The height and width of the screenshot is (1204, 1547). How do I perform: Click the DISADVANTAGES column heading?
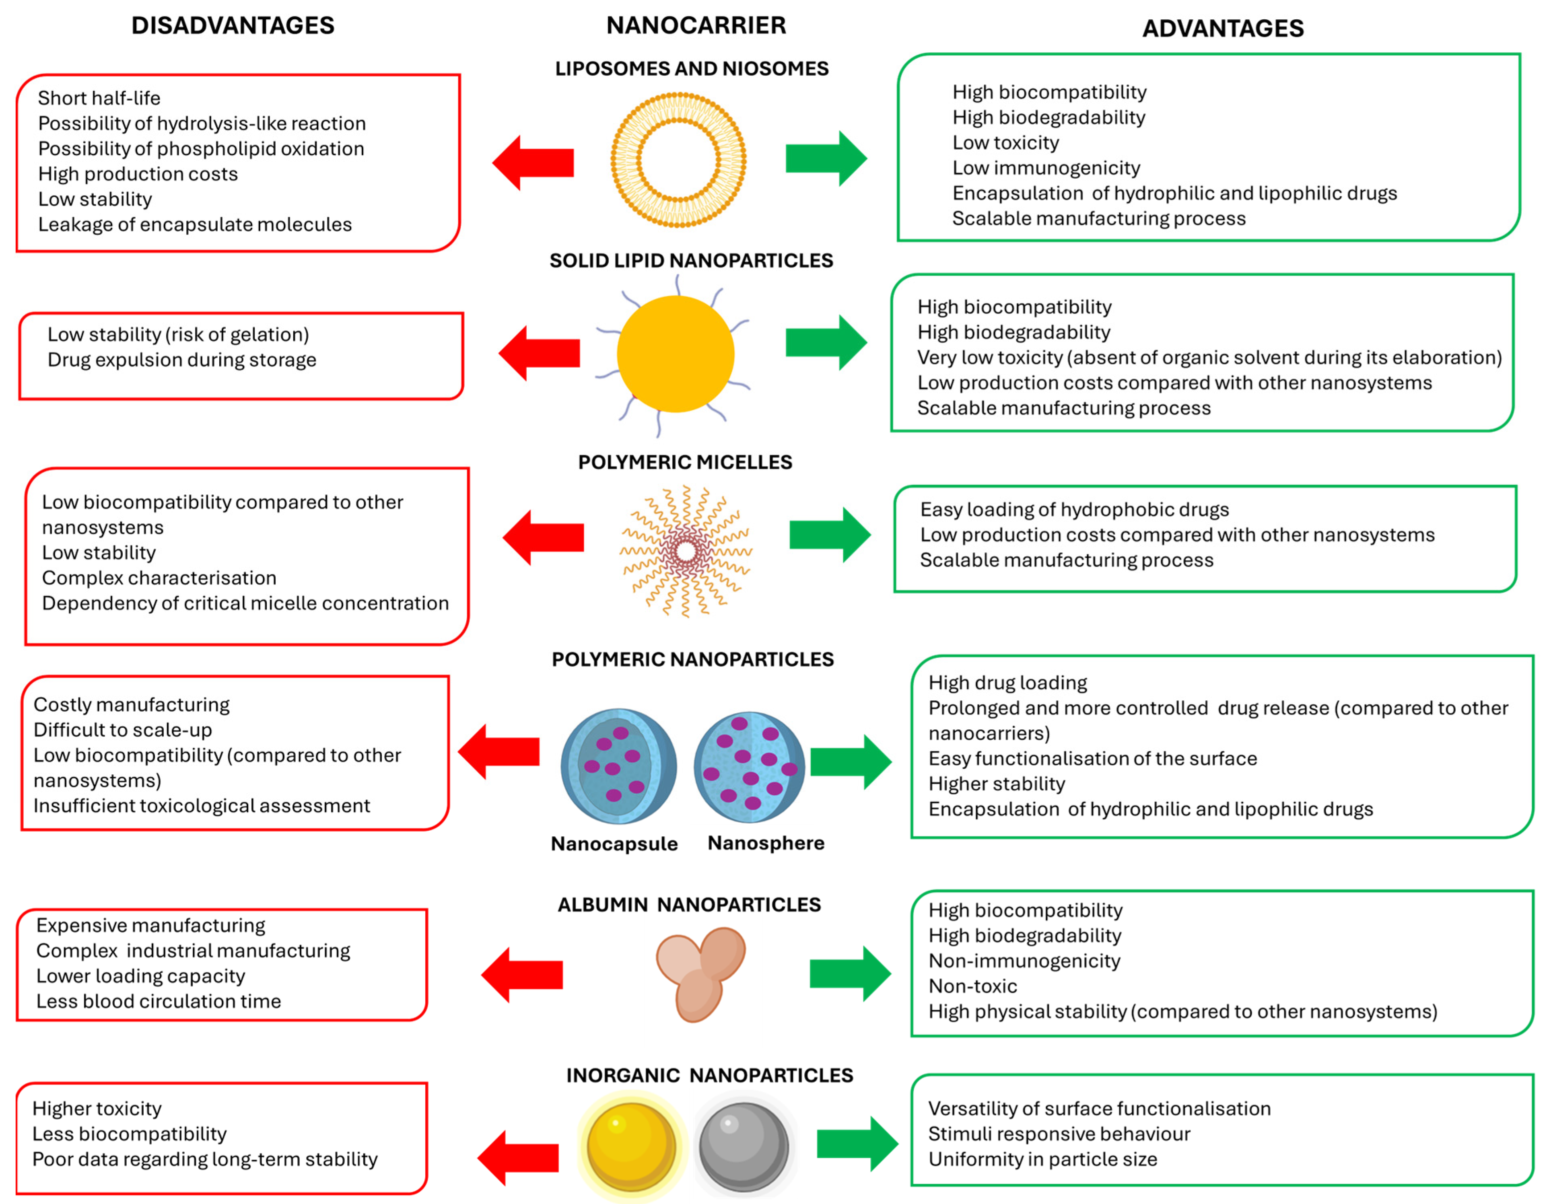(x=232, y=25)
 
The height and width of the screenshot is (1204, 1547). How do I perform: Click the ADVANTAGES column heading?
(x=1223, y=28)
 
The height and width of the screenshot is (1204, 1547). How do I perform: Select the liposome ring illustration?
(x=678, y=160)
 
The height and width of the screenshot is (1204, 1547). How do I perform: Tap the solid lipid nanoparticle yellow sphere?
(x=675, y=354)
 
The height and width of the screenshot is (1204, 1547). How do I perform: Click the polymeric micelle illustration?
(x=685, y=551)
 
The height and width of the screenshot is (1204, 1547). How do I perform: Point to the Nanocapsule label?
(x=614, y=844)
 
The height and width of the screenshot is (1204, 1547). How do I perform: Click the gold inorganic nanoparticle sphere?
(x=630, y=1145)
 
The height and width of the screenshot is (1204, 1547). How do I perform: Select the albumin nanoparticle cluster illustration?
(x=700, y=974)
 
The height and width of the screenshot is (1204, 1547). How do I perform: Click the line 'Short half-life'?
(x=99, y=98)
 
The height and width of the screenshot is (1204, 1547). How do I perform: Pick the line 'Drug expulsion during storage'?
(x=182, y=360)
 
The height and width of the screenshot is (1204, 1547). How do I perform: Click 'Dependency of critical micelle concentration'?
(x=245, y=603)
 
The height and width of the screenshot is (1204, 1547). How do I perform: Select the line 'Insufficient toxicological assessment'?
(x=202, y=806)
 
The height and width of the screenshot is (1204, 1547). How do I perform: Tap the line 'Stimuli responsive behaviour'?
(x=1059, y=1134)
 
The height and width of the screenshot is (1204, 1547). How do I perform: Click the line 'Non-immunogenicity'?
(x=1024, y=961)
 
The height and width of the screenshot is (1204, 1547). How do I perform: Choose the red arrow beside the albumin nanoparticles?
(x=522, y=975)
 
